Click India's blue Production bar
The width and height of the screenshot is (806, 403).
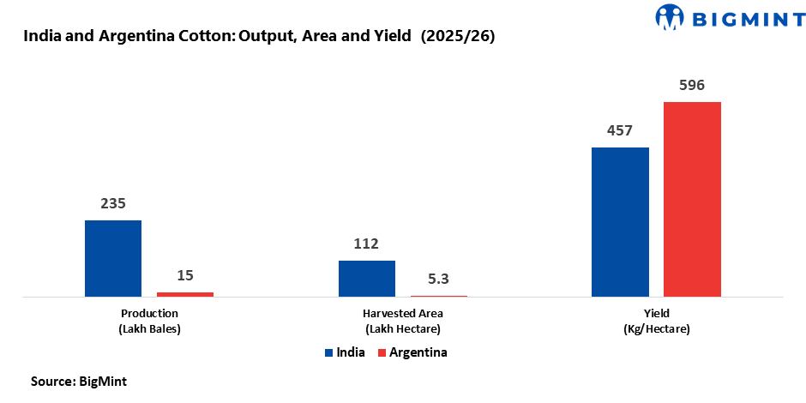pyautogui.click(x=112, y=258)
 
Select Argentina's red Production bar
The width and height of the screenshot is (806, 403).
pyautogui.click(x=185, y=294)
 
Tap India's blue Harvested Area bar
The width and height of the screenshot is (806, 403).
pyautogui.click(x=367, y=279)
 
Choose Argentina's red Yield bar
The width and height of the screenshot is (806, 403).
pyautogui.click(x=692, y=199)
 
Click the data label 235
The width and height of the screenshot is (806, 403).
pyautogui.click(x=113, y=204)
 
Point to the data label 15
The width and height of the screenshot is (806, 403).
pyautogui.click(x=185, y=275)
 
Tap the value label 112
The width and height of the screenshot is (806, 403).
pyautogui.click(x=366, y=244)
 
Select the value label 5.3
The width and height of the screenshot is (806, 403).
pyautogui.click(x=439, y=279)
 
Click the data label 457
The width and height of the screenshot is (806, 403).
pyautogui.click(x=619, y=131)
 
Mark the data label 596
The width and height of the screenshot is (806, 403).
pyautogui.click(x=692, y=86)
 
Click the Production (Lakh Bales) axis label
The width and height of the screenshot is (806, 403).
pyautogui.click(x=149, y=321)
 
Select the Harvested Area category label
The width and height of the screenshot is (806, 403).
pyautogui.click(x=403, y=313)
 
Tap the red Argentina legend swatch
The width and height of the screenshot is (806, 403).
pyautogui.click(x=382, y=352)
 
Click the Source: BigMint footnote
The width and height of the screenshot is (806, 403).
pyautogui.click(x=79, y=381)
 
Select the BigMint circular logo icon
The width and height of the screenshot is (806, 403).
pyautogui.click(x=671, y=16)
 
